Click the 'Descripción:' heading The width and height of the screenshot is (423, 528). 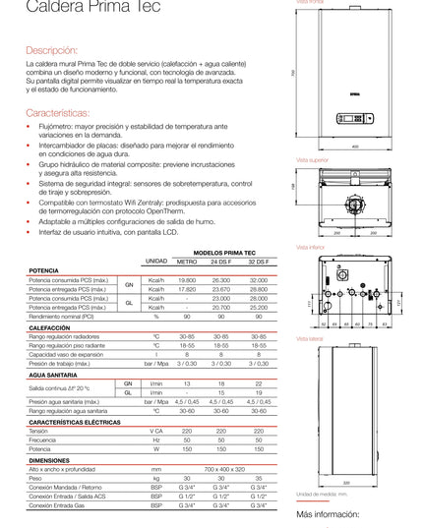[51, 48]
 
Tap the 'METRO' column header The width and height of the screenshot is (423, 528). [187, 261]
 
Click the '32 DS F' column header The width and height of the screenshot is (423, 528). [259, 261]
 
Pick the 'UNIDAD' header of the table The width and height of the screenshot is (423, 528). [155, 261]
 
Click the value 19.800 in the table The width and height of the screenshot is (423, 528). [187, 279]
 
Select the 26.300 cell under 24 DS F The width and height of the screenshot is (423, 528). [222, 279]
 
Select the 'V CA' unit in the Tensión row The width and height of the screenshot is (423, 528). [155, 431]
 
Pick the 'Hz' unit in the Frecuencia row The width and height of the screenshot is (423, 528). [155, 440]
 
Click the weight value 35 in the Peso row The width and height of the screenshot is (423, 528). [259, 478]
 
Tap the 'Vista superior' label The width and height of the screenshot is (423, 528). [311, 157]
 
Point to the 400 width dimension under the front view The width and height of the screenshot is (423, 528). [355, 147]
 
